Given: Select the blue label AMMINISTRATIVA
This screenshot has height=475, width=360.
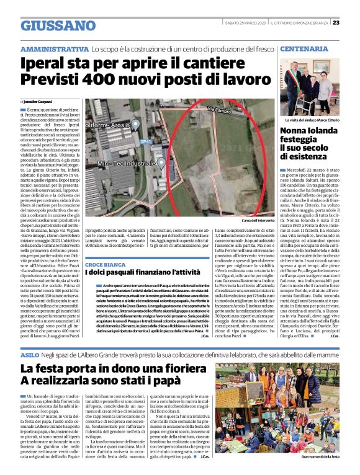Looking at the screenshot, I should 54,48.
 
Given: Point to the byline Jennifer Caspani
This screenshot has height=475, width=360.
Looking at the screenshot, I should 38,101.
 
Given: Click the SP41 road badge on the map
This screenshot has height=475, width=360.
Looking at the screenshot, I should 146,142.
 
